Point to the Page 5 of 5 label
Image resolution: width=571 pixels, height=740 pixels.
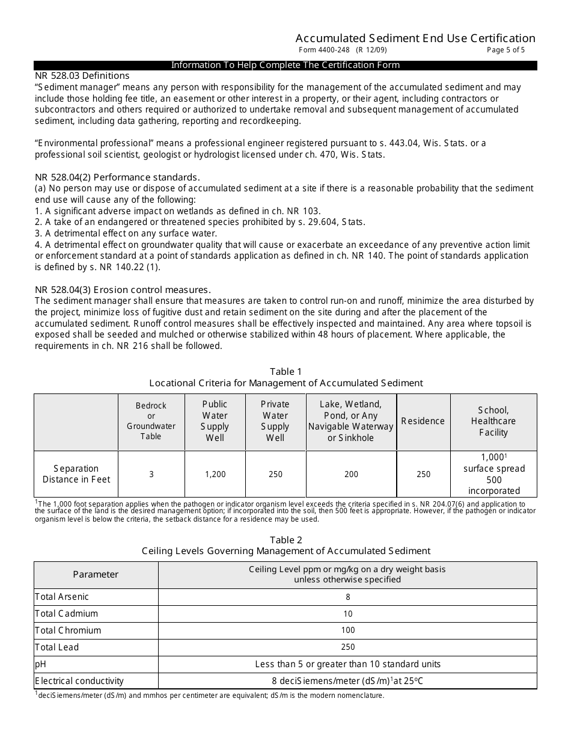505,51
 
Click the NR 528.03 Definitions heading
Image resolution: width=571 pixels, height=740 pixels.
82,76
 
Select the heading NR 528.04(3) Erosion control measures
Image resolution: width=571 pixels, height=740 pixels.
123,289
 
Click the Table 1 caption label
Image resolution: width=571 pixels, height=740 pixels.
285,371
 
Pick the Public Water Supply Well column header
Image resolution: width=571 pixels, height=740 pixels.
215,421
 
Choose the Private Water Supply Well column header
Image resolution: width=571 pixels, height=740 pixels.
275,421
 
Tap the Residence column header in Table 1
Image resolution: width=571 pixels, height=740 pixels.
423,421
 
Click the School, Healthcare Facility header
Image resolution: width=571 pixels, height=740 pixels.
493,421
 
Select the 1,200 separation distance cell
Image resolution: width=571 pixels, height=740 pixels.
215,474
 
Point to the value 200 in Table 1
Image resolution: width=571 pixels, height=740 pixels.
351,474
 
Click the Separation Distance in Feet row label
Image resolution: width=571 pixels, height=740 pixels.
76,474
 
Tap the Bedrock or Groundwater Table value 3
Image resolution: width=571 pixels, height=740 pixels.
151,474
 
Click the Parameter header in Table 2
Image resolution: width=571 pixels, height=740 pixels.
96,575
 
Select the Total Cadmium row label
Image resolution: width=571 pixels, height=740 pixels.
66,614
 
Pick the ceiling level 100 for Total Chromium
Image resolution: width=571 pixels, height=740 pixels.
347,631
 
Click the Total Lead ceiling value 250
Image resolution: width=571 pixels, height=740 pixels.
347,647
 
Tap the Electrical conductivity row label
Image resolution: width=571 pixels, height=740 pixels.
79,681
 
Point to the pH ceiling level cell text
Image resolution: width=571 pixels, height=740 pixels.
347,664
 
